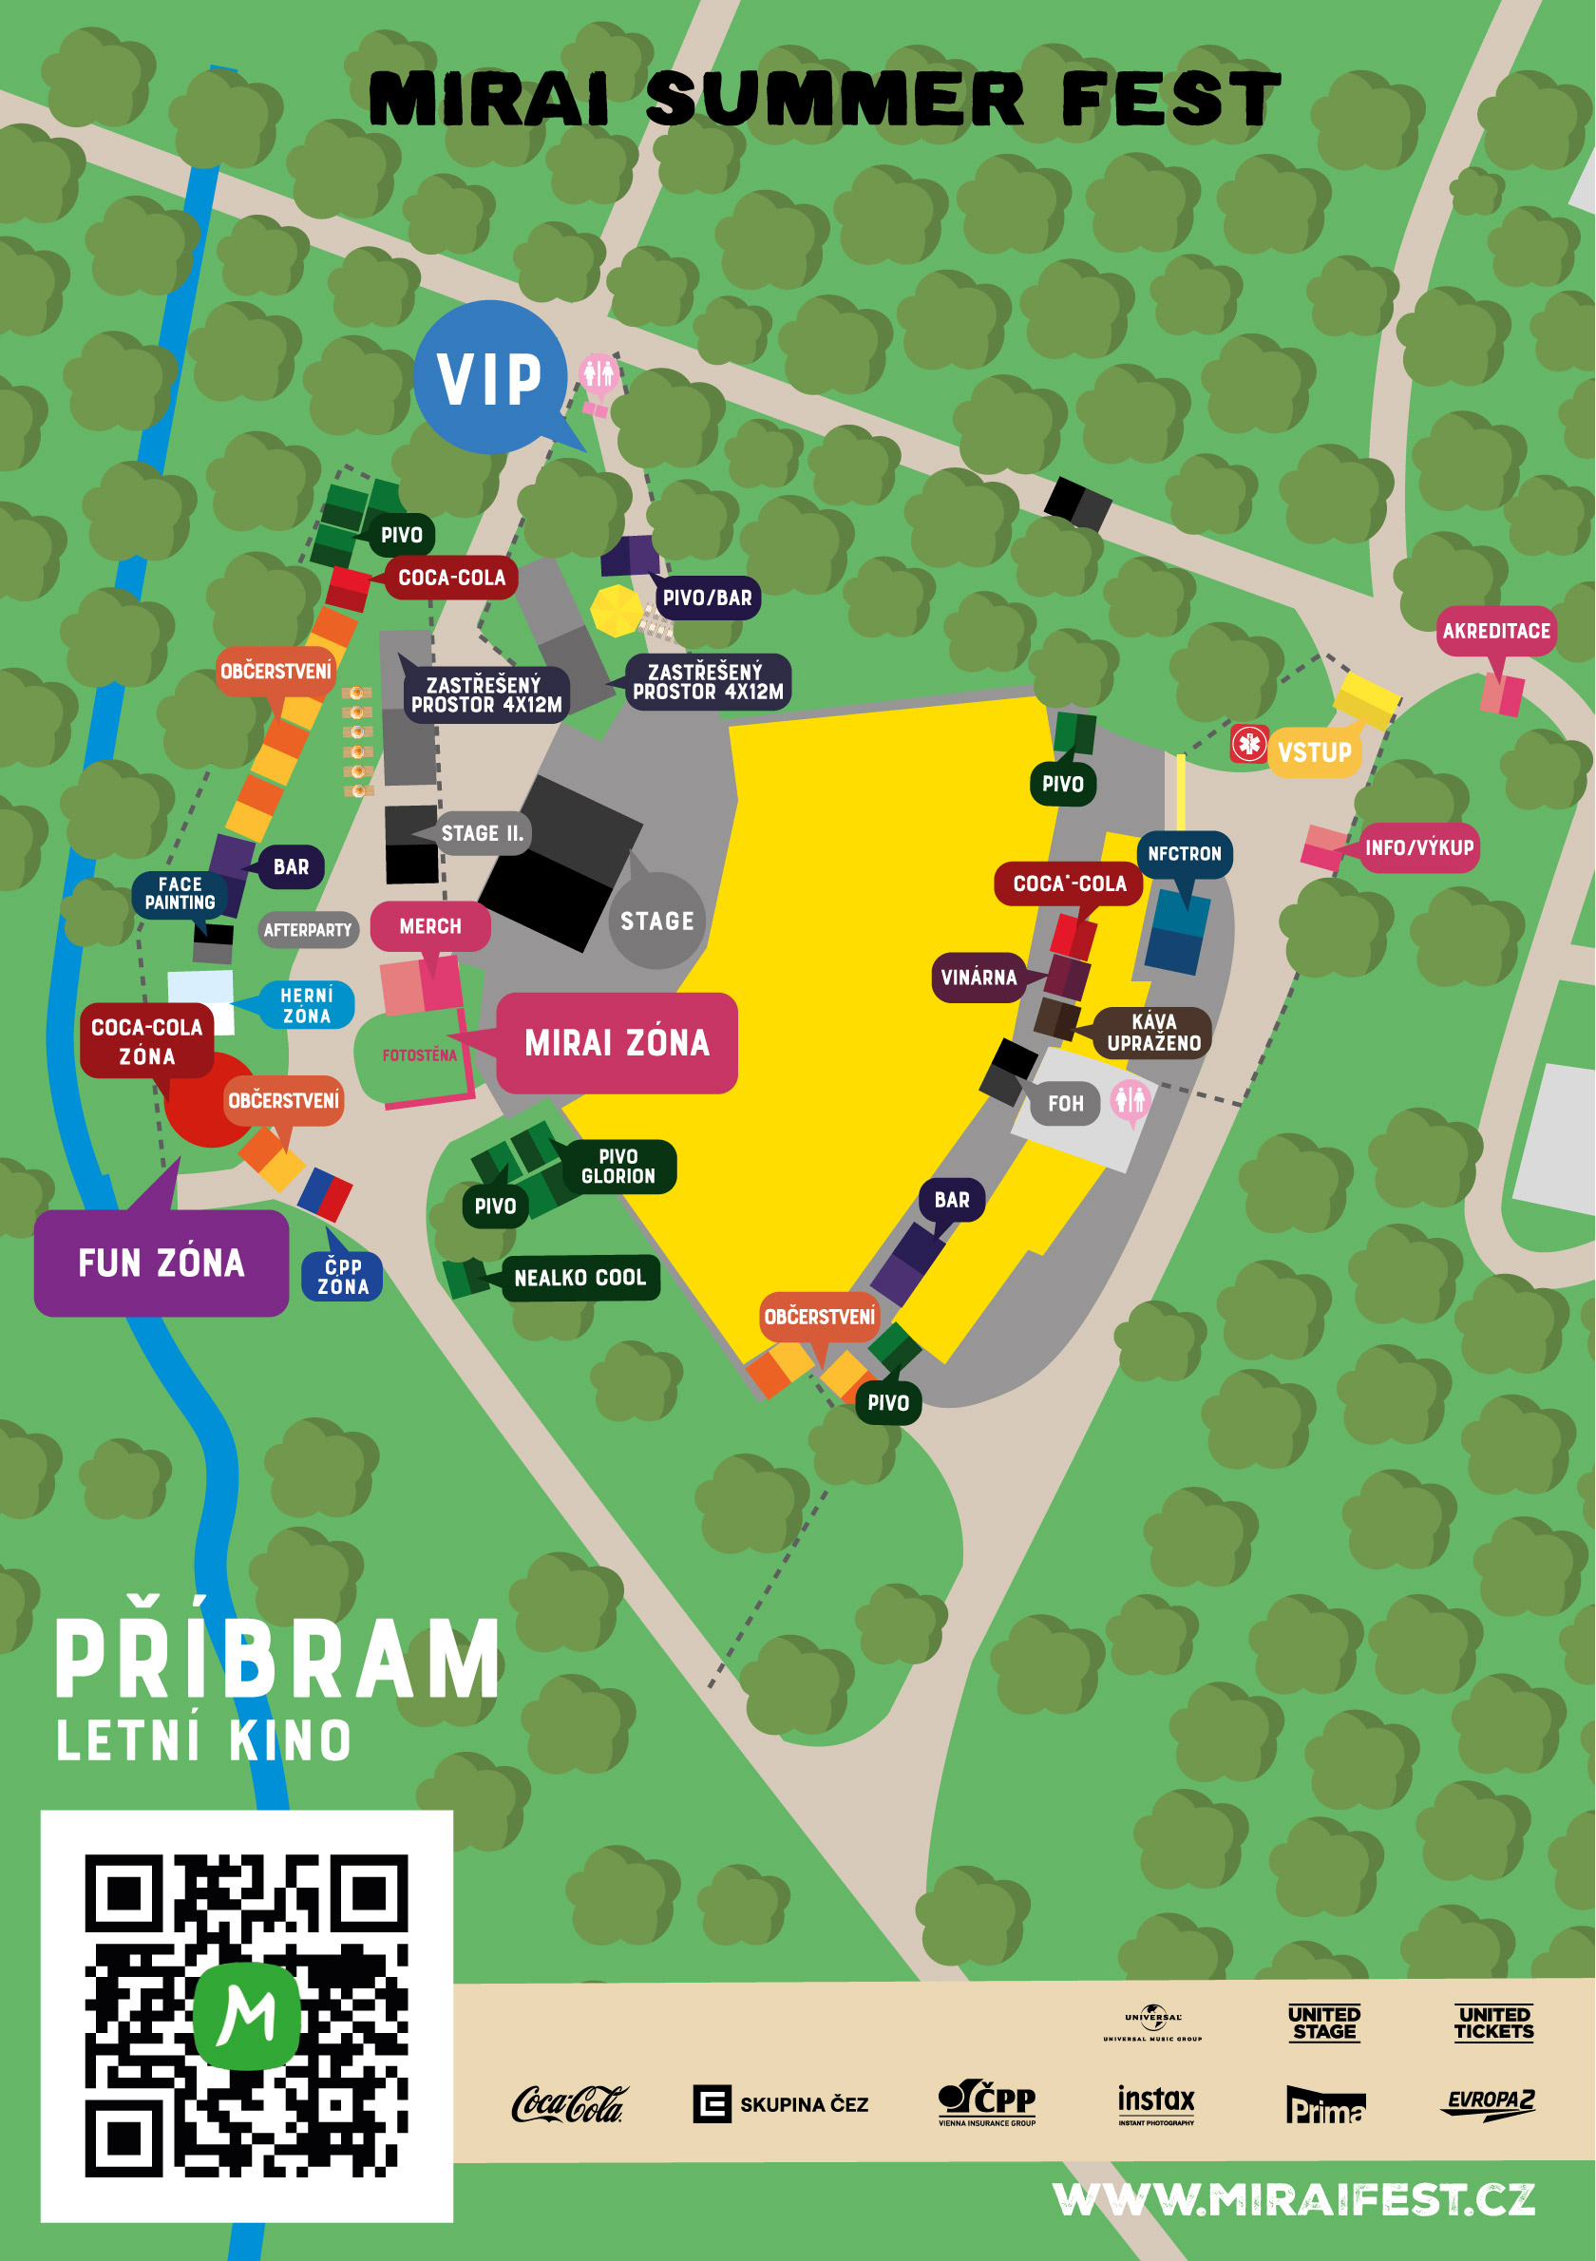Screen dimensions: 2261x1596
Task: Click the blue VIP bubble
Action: click(489, 378)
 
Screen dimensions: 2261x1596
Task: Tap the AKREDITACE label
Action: click(1495, 631)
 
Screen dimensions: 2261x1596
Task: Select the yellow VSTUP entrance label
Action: click(1315, 753)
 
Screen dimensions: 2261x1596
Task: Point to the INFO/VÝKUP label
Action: click(1418, 847)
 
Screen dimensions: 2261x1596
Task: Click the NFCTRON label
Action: click(1185, 855)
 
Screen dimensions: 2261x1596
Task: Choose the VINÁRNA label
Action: click(978, 978)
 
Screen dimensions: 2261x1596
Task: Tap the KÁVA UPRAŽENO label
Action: click(1153, 1033)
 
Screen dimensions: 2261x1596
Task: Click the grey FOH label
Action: click(1065, 1104)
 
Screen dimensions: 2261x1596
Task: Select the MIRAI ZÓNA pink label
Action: click(617, 1043)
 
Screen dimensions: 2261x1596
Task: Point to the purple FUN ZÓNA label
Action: click(161, 1263)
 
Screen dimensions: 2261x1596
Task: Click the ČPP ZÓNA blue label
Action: click(343, 1277)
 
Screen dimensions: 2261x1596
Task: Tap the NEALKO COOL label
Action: click(579, 1278)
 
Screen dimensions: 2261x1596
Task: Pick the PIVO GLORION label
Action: click(618, 1167)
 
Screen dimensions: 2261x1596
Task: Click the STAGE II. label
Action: click(483, 834)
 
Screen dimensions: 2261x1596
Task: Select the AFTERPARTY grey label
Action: click(307, 931)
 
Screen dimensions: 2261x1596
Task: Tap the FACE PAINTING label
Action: click(180, 894)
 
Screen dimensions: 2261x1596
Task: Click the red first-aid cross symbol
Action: click(1249, 744)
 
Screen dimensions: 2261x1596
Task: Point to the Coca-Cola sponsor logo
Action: click(569, 2104)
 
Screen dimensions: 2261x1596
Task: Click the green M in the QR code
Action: click(246, 2015)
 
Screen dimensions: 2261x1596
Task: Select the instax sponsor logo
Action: click(1156, 2104)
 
